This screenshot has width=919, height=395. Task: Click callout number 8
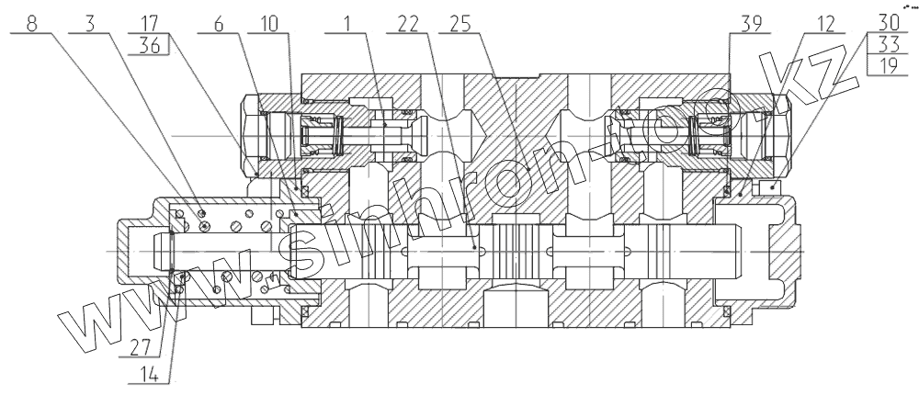click(x=33, y=23)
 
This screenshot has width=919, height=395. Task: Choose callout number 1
click(x=344, y=23)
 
